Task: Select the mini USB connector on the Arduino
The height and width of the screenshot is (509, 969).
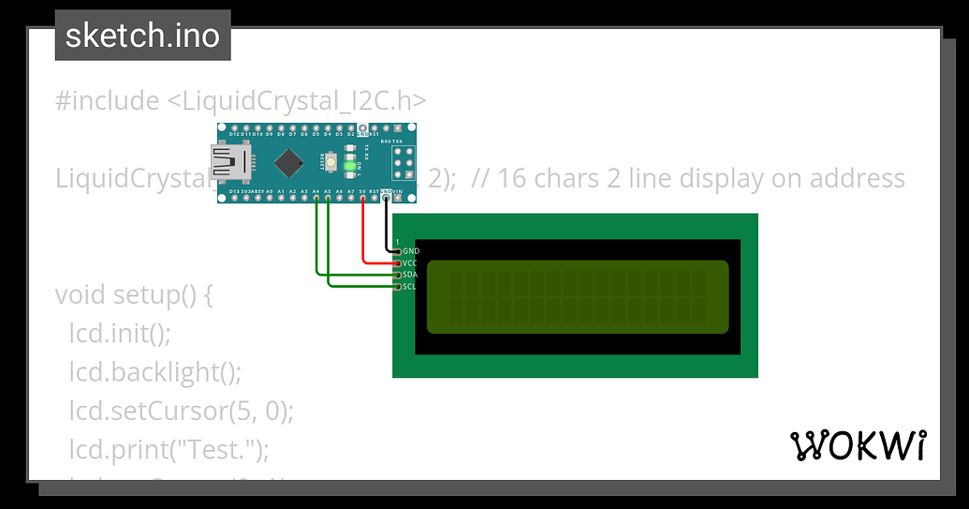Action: pyautogui.click(x=229, y=164)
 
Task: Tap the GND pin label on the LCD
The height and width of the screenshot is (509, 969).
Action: pyautogui.click(x=411, y=251)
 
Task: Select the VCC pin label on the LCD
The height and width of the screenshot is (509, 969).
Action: pyautogui.click(x=410, y=263)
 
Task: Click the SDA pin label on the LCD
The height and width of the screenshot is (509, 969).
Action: pyautogui.click(x=410, y=275)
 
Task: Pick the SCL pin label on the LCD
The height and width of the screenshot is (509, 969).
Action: pyautogui.click(x=410, y=286)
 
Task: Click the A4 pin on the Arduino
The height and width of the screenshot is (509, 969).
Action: pyautogui.click(x=316, y=199)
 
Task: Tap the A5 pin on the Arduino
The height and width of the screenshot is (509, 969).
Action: pyautogui.click(x=328, y=199)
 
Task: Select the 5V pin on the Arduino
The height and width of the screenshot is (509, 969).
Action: pyautogui.click(x=362, y=199)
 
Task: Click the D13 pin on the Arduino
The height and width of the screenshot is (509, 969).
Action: pyautogui.click(x=223, y=199)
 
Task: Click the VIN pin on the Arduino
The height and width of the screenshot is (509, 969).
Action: pyautogui.click(x=397, y=199)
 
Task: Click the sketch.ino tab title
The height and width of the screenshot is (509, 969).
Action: pyautogui.click(x=142, y=36)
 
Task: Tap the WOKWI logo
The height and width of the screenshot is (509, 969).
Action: pyautogui.click(x=859, y=446)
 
